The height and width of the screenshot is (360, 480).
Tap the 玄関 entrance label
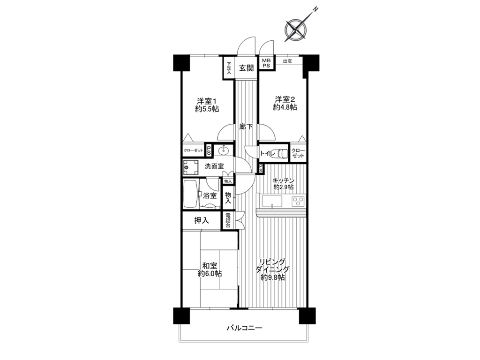coord(247,68)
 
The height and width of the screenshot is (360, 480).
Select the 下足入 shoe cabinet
coord(228,68)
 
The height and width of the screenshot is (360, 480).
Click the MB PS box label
coord(266,63)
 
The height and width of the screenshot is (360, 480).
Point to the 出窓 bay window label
coord(287,61)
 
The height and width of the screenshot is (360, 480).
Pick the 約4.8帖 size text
coord(285,107)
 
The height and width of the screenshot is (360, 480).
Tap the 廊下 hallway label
coord(246,126)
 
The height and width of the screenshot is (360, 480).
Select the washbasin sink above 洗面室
coord(224,150)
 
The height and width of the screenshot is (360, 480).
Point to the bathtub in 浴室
coord(191,194)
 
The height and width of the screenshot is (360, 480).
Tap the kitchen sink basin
coord(272,201)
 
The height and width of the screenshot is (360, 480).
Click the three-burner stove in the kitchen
coord(298,201)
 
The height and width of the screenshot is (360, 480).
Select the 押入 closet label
coord(202,220)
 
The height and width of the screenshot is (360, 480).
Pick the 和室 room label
coord(210,265)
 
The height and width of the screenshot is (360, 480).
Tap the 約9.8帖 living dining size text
coord(273,277)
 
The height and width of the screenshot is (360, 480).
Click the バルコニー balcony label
coord(244,328)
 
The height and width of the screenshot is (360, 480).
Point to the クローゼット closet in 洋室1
coord(194,150)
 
